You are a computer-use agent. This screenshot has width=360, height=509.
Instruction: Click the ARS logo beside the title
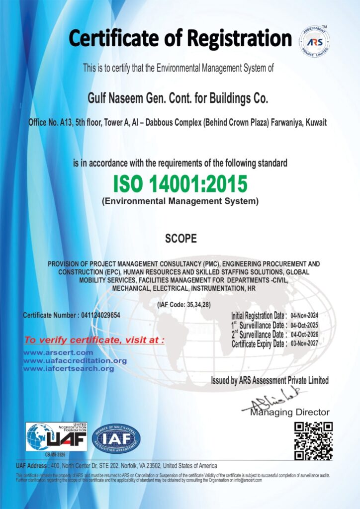click(x=314, y=40)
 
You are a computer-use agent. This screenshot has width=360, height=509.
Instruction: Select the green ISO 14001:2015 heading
click(x=180, y=184)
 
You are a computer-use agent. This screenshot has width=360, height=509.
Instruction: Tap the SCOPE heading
click(x=180, y=239)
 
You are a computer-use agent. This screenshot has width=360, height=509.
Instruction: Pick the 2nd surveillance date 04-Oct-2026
click(x=304, y=335)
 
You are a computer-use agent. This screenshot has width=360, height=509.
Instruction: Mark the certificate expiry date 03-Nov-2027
click(x=304, y=343)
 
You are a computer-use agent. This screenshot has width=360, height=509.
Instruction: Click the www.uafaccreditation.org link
click(x=75, y=361)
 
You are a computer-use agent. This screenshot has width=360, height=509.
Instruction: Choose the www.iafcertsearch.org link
click(x=69, y=369)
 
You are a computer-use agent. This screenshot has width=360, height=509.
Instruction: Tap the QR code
click(x=313, y=441)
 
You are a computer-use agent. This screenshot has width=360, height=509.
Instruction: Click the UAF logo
click(x=57, y=437)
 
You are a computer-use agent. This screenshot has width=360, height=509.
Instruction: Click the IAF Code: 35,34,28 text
click(x=183, y=305)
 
